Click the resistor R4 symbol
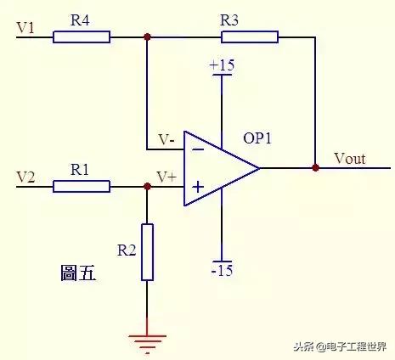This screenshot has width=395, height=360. [x=82, y=37]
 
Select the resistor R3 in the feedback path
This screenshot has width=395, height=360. [x=250, y=37]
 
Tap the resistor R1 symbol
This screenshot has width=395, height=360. [x=82, y=186]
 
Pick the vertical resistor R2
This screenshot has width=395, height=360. [x=148, y=252]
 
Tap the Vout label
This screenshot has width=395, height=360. [x=351, y=158]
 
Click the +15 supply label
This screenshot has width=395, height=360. [x=222, y=65]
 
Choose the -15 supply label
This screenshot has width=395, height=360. [x=222, y=271]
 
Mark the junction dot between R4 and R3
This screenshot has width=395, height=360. [x=148, y=37]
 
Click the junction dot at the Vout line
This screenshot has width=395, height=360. [x=315, y=167]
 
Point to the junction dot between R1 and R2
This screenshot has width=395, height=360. [x=148, y=186]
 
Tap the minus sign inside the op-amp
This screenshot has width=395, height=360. [x=198, y=149]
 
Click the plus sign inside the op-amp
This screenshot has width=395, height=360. [x=198, y=186]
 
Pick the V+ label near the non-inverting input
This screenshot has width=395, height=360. [x=166, y=177]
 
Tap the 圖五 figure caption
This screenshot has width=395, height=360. [x=78, y=273]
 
